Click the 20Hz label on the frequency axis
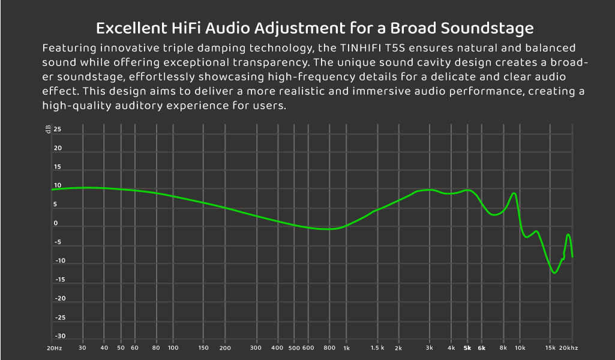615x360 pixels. tap(54, 348)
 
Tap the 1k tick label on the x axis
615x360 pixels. tap(346, 348)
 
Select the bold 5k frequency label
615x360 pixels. tap(467, 348)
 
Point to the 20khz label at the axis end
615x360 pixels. tap(568, 348)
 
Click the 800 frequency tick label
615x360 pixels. tap(329, 348)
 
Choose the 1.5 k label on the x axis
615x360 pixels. tap(377, 348)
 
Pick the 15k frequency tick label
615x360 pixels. tap(550, 348)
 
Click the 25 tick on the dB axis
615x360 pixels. tap(57, 129)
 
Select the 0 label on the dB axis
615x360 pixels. tap(56, 223)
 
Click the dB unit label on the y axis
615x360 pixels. tap(48, 130)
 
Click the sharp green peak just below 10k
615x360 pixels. tap(514, 193)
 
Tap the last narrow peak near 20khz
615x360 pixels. tap(568, 235)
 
